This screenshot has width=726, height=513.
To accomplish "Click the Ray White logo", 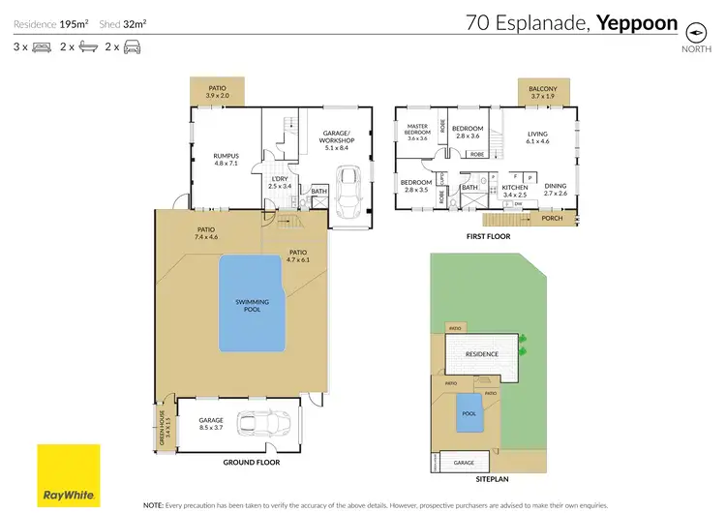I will click(69, 475).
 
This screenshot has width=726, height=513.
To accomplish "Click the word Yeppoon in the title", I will click(636, 22).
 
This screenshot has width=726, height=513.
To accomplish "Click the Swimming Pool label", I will click(252, 305).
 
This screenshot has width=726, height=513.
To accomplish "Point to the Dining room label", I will click(555, 191).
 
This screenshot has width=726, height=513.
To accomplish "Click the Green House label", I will click(161, 423).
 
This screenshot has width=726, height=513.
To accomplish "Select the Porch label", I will click(553, 218).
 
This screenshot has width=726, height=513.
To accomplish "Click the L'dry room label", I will click(280, 181).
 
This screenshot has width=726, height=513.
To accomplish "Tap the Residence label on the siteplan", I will click(482, 354).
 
